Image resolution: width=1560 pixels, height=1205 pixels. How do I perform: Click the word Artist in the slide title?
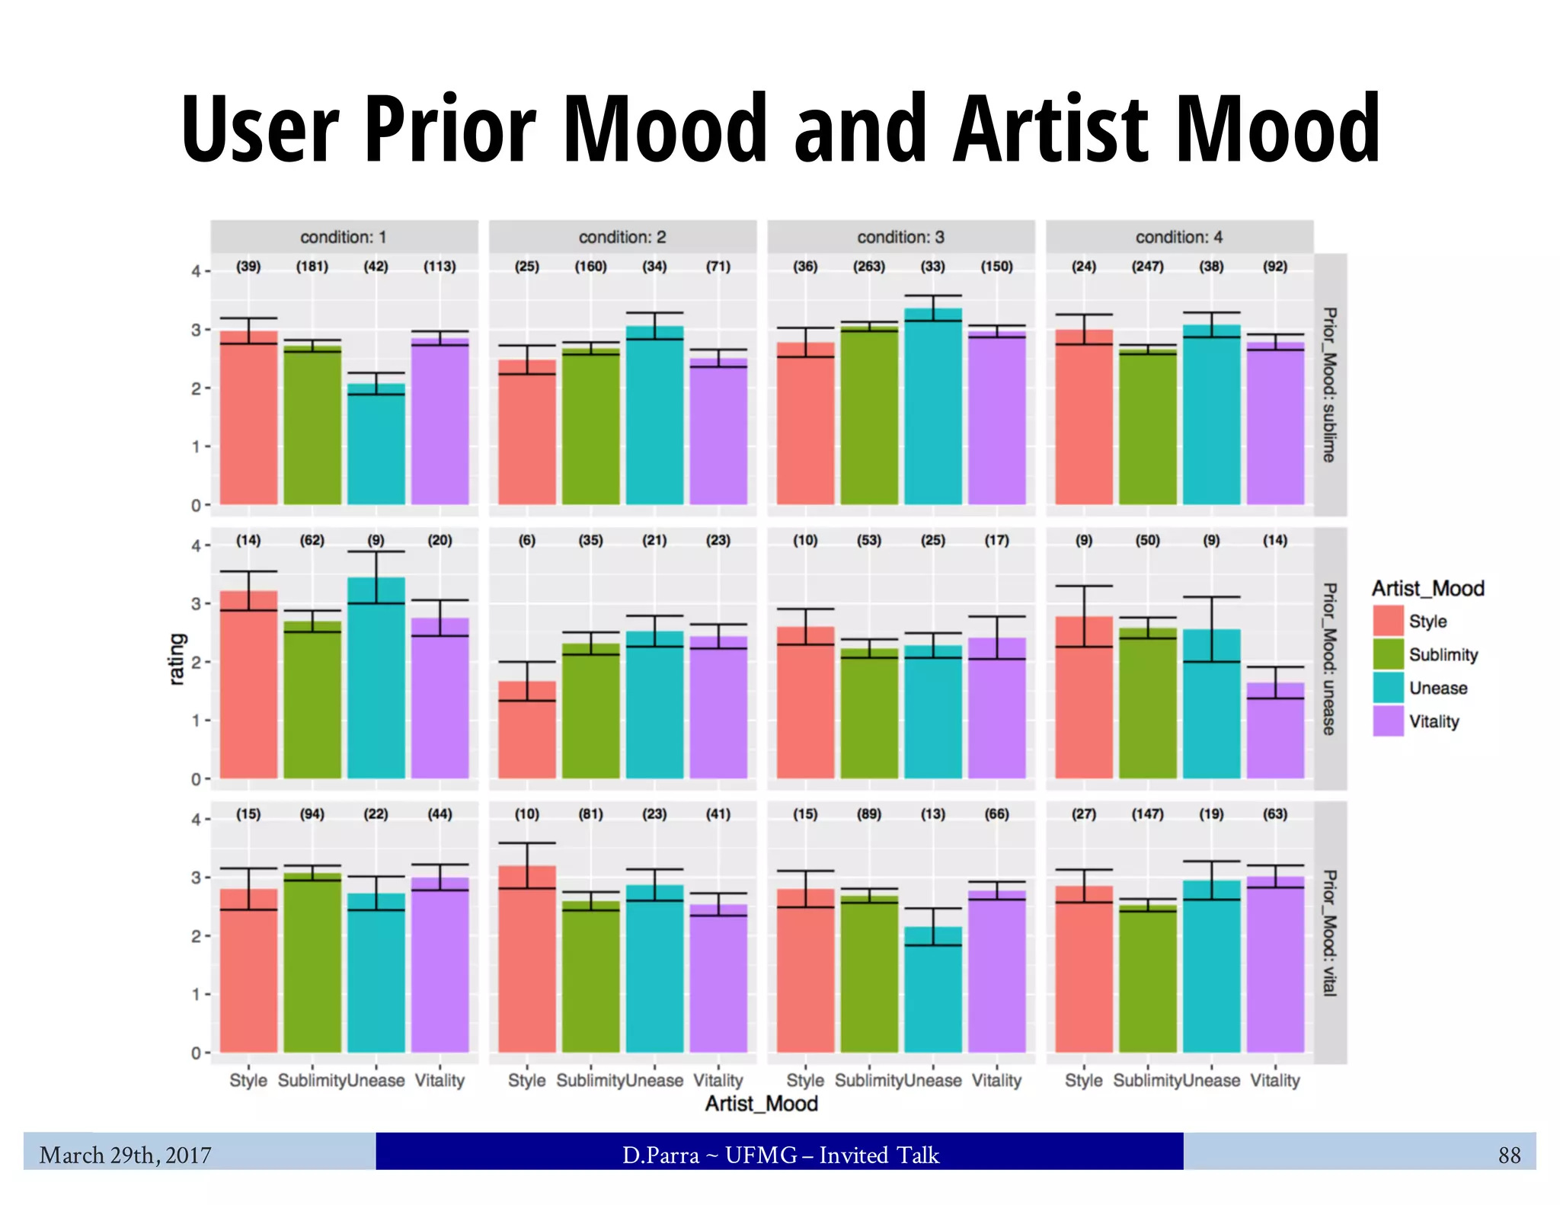tap(1051, 129)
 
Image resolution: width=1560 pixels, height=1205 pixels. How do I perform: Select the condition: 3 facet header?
tap(900, 237)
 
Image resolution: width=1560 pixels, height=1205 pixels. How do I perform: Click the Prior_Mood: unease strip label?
tap(1329, 659)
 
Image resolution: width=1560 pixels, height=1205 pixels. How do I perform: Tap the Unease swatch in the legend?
tap(1388, 688)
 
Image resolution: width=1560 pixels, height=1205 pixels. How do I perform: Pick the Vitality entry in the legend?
tap(1433, 721)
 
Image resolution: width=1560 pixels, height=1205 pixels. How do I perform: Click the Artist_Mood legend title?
tap(1427, 588)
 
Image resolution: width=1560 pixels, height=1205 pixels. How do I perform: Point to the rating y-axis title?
tap(176, 659)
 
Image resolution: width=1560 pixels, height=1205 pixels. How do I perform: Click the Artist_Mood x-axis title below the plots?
tap(761, 1104)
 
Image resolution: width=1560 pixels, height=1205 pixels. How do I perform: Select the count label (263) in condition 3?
tap(868, 267)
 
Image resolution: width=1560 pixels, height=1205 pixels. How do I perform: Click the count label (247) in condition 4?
tap(1147, 267)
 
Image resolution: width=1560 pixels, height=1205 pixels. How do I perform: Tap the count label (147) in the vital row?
tap(1147, 813)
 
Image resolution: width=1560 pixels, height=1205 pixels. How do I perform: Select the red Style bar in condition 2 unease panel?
tap(526, 731)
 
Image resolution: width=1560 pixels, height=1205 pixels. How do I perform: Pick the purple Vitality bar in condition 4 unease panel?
tap(1275, 731)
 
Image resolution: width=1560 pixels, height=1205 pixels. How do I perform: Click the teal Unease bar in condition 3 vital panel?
tap(933, 990)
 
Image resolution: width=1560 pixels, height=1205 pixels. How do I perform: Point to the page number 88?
tap(1509, 1155)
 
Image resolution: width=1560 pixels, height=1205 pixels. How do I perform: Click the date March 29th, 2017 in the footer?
tap(125, 1155)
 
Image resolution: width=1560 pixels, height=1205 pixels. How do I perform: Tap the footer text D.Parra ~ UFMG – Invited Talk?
tap(780, 1155)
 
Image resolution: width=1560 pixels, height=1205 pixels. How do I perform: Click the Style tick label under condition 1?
tap(248, 1080)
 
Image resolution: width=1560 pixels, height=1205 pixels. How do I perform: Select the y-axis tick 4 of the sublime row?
tap(196, 271)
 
